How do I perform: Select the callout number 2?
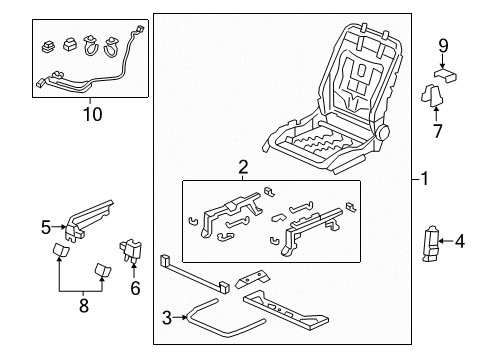point(242,167)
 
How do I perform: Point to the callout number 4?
point(459,268)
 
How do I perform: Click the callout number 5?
point(46,227)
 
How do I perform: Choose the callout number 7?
point(436,130)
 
